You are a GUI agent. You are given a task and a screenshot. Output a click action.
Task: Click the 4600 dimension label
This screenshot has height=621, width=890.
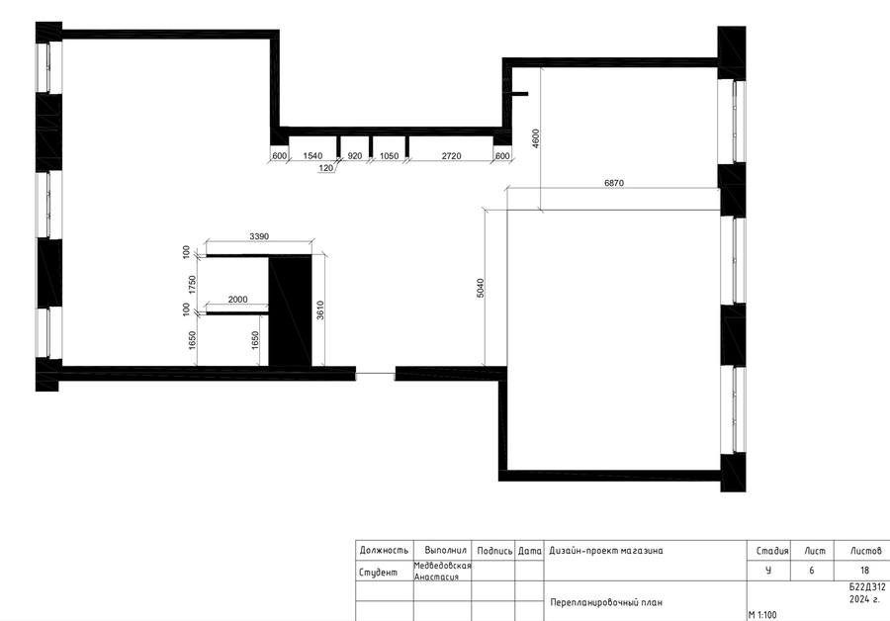[536, 138]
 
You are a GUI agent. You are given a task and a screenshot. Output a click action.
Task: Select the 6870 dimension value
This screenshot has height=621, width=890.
[613, 183]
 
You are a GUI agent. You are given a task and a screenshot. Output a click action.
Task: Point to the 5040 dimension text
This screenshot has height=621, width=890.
[481, 288]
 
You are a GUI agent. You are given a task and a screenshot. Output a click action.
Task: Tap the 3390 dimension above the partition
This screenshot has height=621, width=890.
[259, 236]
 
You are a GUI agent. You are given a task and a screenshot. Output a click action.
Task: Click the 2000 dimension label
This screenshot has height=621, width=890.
[237, 300]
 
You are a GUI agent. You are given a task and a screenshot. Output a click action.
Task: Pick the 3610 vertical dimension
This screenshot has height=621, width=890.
[320, 310]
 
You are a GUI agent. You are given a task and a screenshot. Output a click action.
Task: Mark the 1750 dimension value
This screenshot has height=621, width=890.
[192, 285]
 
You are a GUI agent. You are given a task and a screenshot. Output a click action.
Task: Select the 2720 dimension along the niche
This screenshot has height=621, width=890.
[451, 155]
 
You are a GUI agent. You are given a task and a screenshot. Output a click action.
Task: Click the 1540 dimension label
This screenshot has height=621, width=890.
[312, 155]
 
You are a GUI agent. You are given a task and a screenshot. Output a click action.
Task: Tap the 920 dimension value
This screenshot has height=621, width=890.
[355, 155]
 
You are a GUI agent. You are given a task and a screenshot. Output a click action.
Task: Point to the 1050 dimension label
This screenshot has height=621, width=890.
[389, 155]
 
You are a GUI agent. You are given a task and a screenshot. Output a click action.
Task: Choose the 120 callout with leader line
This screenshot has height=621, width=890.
[325, 168]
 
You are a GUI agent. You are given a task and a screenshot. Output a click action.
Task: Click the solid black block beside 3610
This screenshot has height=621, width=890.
[290, 311]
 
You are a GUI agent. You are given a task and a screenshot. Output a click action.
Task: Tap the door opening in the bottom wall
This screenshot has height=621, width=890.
[375, 374]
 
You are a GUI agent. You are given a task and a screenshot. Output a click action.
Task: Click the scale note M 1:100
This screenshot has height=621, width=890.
[762, 615]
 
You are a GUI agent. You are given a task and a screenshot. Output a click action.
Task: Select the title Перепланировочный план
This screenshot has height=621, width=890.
[605, 602]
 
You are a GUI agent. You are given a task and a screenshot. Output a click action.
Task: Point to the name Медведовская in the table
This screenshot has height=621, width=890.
[443, 566]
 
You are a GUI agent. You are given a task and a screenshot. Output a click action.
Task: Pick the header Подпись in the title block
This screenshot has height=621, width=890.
[494, 551]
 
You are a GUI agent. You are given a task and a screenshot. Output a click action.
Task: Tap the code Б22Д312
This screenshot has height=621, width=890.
[866, 588]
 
